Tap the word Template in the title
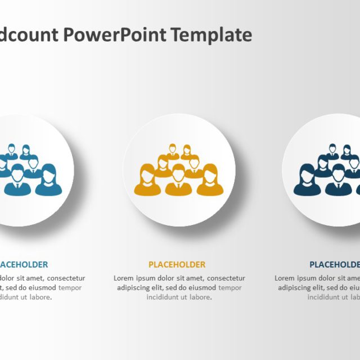tap(211, 35)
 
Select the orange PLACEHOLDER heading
tap(177, 264)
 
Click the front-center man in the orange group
tap(178, 180)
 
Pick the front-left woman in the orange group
tap(147, 181)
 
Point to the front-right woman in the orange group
tap(210, 181)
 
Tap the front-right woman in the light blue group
tap(49, 181)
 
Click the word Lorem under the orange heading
tap(125, 278)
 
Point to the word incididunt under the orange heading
tap(165, 297)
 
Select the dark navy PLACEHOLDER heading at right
tap(335, 264)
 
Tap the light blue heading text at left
tap(24, 264)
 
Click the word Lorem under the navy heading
tap(286, 278)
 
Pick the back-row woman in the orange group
tap(186, 152)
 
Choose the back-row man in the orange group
tap(172, 152)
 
